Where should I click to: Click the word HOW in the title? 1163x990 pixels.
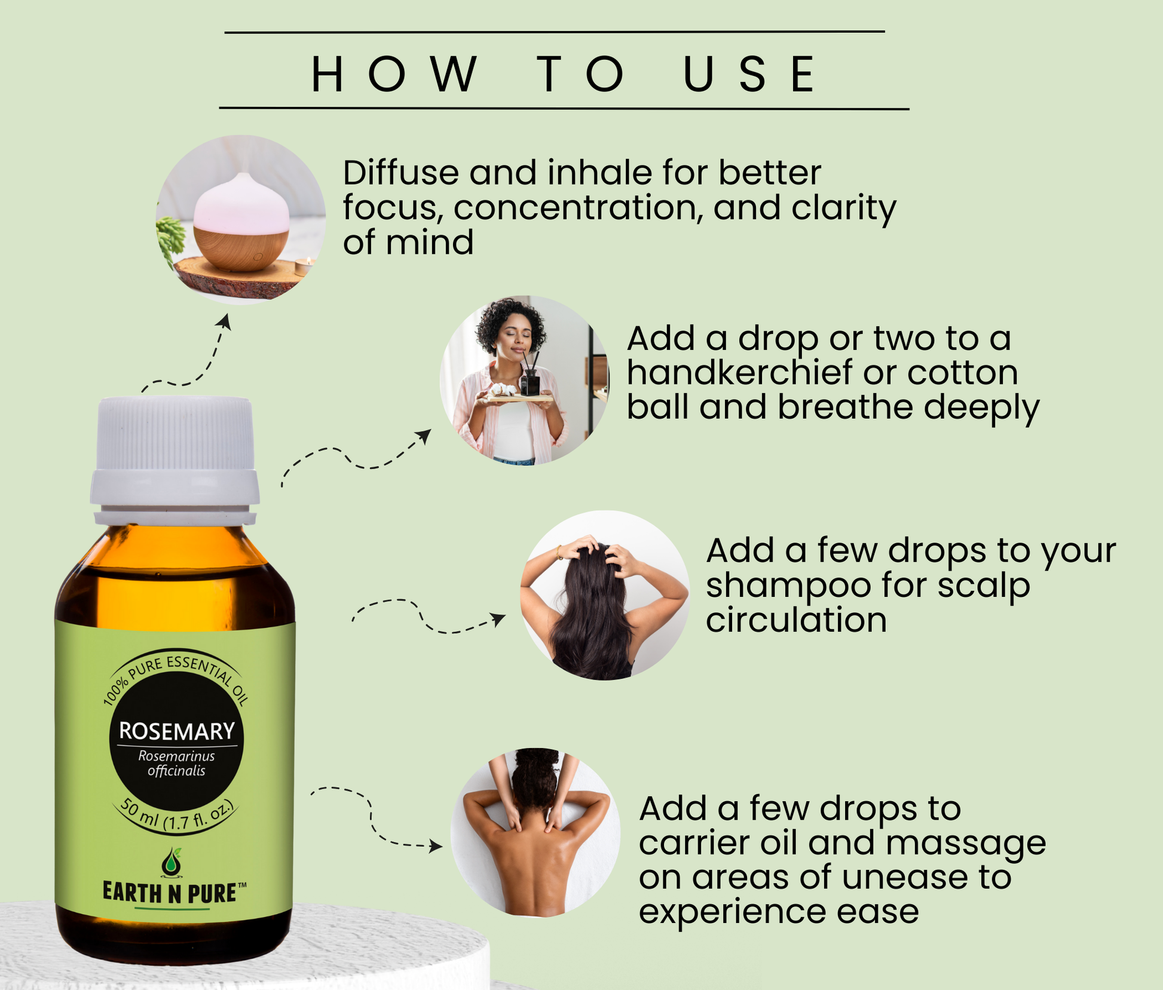[x=394, y=74]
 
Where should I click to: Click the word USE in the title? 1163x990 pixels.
[x=749, y=74]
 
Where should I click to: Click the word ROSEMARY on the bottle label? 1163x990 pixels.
[x=177, y=731]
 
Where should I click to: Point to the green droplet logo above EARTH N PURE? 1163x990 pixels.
[x=172, y=863]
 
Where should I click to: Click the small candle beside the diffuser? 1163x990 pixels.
[x=304, y=266]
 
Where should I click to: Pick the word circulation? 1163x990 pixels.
[x=796, y=620]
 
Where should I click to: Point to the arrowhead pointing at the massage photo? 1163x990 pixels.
[x=436, y=846]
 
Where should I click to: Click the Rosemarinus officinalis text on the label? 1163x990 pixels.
[x=176, y=764]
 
